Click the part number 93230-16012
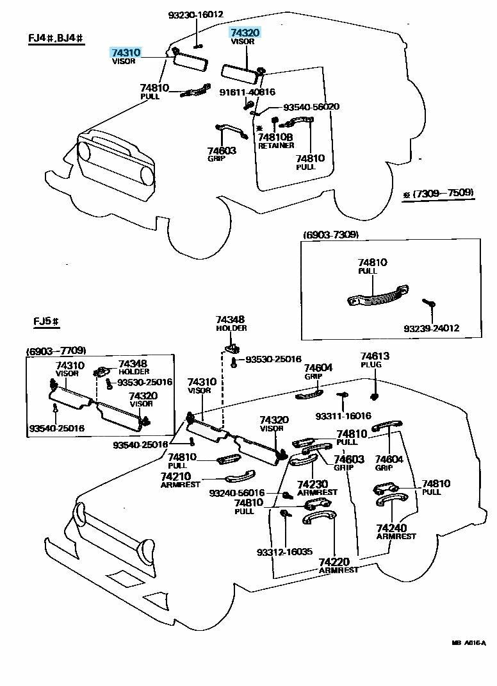[x=196, y=15]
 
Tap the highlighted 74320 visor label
[x=245, y=32]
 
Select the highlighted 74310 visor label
[x=126, y=53]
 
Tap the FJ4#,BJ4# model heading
[x=56, y=38]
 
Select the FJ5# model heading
[x=47, y=321]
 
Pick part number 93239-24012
[x=431, y=329]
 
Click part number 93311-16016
[x=343, y=416]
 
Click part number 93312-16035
[x=284, y=551]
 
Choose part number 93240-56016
[x=236, y=493]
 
